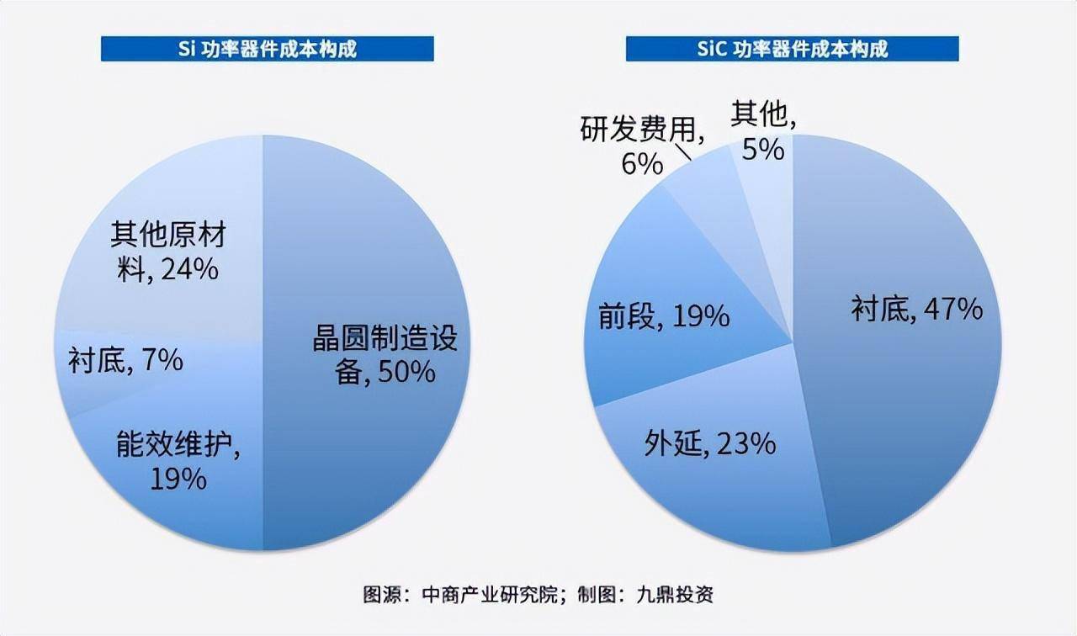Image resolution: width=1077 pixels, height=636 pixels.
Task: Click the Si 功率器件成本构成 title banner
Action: pyautogui.click(x=268, y=49)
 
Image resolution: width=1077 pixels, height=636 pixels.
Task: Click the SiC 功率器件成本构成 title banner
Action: pyautogui.click(x=792, y=49)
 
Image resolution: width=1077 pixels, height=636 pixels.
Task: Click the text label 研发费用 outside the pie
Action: pyautogui.click(x=640, y=130)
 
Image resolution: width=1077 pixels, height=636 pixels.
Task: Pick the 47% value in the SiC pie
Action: pyautogui.click(x=952, y=310)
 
